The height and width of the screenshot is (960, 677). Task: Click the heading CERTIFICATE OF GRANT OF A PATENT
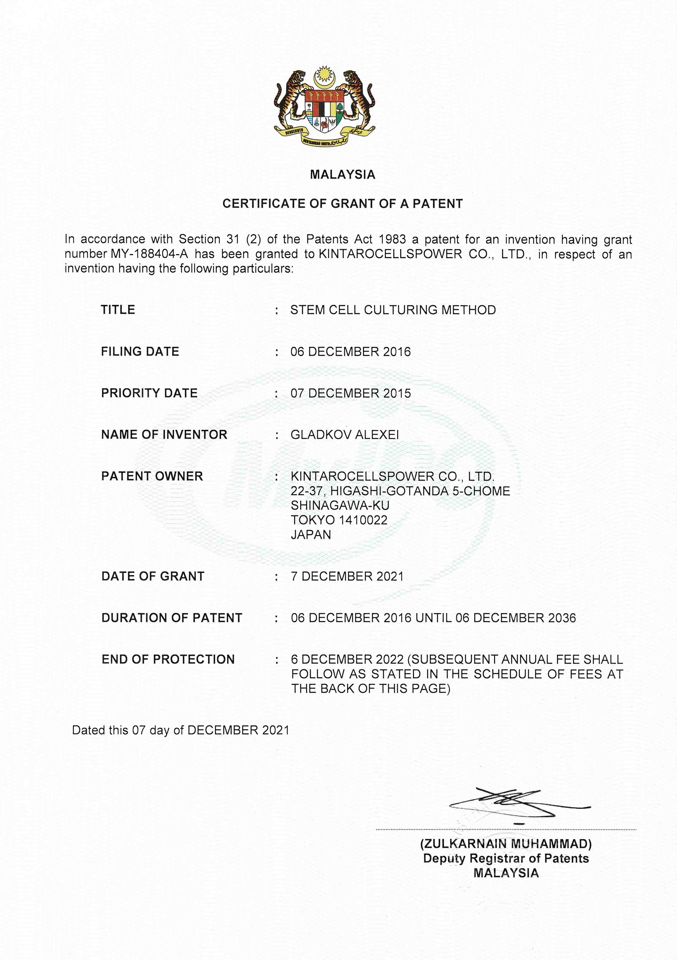click(342, 204)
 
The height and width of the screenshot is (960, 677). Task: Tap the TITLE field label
click(118, 310)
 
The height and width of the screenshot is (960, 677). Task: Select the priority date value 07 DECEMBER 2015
click(350, 393)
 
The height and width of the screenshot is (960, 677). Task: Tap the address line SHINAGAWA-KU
click(340, 505)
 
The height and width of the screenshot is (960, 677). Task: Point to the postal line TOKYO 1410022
click(339, 520)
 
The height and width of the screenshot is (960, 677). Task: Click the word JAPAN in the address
click(311, 535)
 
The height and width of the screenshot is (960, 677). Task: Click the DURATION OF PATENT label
click(172, 618)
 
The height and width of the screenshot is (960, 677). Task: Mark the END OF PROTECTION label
click(168, 659)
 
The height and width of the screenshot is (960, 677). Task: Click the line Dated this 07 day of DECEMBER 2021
click(181, 730)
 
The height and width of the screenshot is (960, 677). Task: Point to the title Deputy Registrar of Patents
click(506, 858)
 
